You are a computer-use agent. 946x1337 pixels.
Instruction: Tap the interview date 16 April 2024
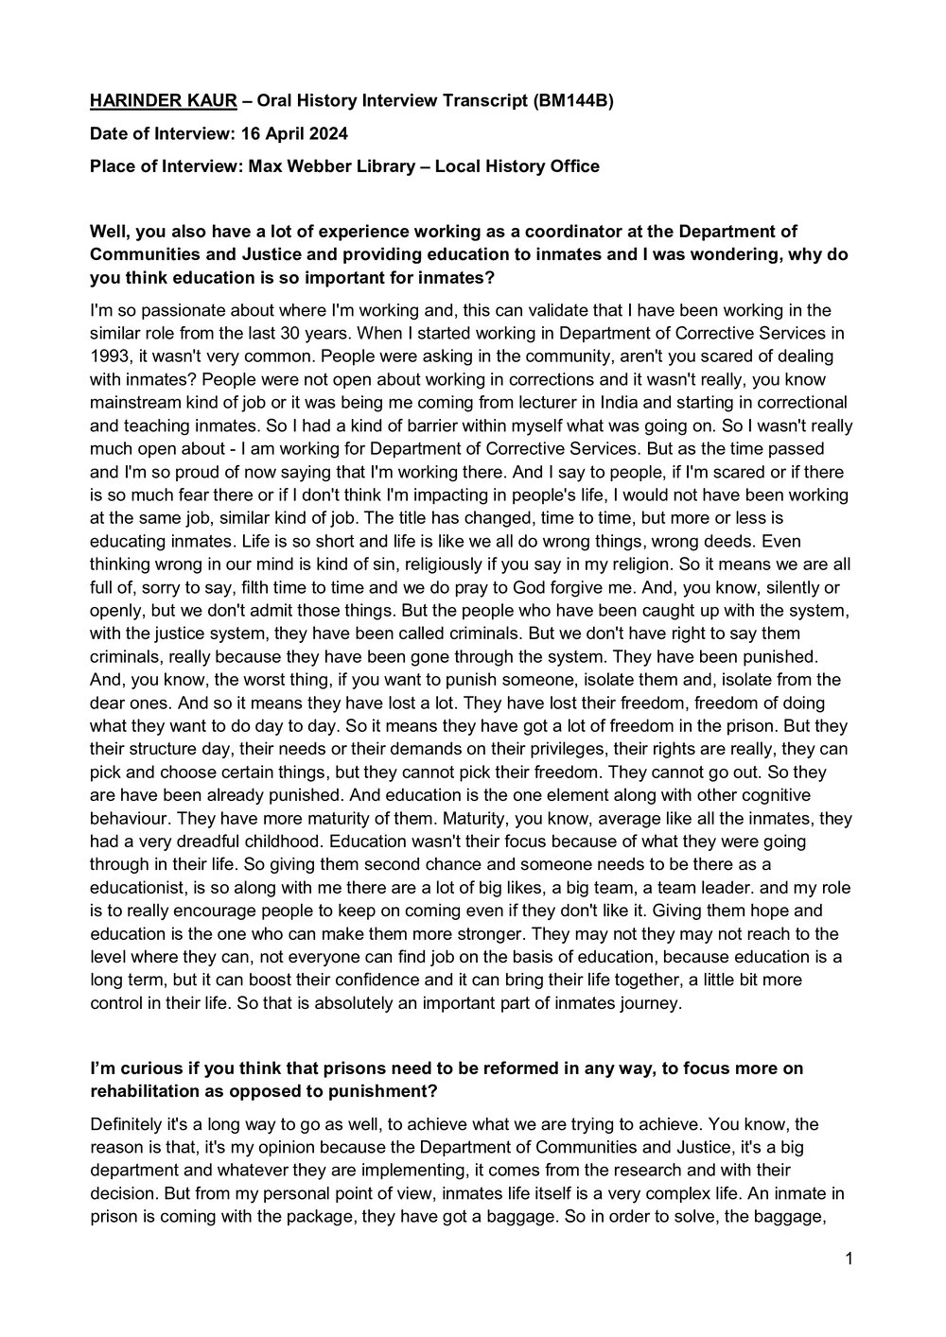(291, 134)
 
